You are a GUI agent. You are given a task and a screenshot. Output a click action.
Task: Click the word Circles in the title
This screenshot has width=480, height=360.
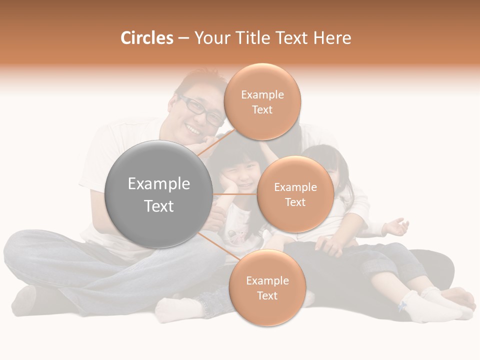click(x=146, y=38)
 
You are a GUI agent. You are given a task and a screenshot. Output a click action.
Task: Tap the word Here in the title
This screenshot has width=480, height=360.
click(x=332, y=38)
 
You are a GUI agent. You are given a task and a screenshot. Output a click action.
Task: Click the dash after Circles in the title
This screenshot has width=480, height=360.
click(x=183, y=38)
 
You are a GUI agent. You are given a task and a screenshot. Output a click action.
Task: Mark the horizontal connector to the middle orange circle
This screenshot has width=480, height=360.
click(x=235, y=194)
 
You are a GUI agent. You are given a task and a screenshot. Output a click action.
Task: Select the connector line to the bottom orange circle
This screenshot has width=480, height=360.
click(x=220, y=246)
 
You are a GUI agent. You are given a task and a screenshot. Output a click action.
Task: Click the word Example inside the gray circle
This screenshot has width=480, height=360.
click(x=158, y=184)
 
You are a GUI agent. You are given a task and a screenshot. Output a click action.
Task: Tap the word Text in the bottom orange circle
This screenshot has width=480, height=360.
click(x=267, y=295)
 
